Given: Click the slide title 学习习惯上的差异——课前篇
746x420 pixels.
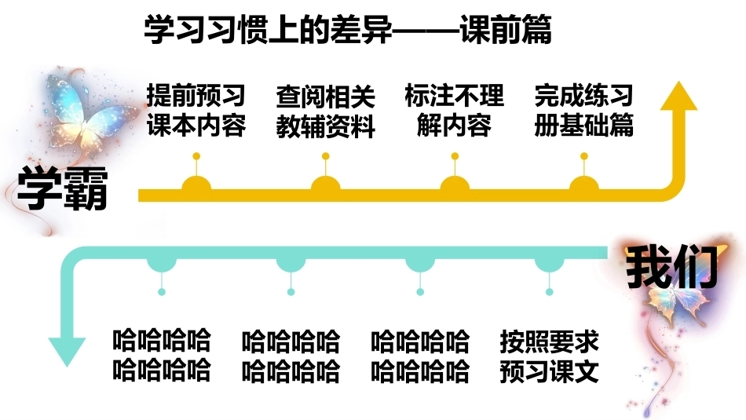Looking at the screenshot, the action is point(348,30).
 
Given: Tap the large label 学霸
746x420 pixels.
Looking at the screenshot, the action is point(62,190).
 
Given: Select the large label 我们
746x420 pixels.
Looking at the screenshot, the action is point(671,268).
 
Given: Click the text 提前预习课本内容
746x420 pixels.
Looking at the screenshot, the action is point(196,111).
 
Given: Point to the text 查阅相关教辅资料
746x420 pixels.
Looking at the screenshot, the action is point(325,111).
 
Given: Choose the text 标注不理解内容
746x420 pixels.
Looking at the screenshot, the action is point(455,111).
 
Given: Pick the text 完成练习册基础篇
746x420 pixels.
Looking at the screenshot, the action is point(583,111).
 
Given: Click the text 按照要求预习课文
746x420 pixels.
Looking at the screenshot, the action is point(549,356).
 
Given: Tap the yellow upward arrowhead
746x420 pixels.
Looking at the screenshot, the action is point(679,96).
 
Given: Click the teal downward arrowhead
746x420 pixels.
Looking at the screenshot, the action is point(67,352).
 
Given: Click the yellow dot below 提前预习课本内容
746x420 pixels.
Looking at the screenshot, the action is point(196,156).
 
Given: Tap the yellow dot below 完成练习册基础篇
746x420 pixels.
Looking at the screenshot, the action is point(583,156).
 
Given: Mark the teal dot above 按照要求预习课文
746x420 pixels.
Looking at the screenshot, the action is point(549,291).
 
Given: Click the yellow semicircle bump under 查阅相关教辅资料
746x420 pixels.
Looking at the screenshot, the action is point(325,183).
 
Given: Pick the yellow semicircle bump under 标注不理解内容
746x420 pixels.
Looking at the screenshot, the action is point(455,183).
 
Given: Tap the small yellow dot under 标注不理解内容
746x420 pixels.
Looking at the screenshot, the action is point(455,156).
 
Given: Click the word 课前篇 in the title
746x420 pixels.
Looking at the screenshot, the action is point(506,30).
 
